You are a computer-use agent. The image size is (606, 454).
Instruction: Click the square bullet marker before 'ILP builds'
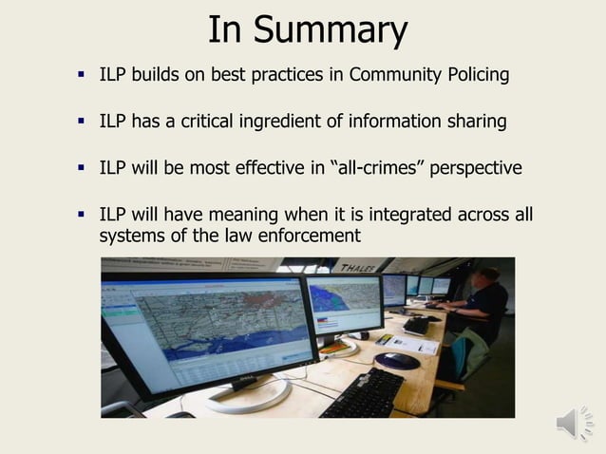click(x=82, y=73)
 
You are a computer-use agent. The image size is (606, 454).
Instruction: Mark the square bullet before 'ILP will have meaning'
click(x=82, y=215)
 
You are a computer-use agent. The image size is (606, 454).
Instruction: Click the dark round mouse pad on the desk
click(x=396, y=361)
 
